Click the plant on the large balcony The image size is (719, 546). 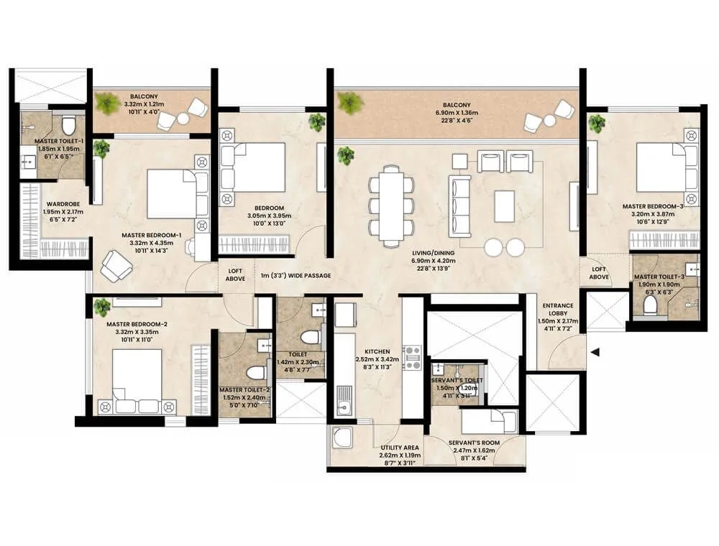(x=351, y=103)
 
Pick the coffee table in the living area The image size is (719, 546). (x=505, y=205)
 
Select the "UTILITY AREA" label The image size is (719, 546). (x=400, y=447)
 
